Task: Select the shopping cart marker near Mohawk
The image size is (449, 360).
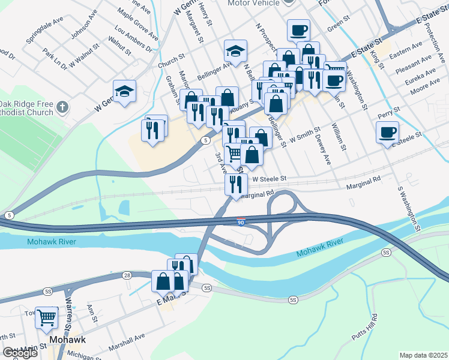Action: click(46, 317)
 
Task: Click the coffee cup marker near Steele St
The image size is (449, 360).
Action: click(387, 131)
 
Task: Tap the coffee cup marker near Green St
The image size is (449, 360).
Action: click(298, 29)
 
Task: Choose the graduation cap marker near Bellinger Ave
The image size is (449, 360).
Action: click(236, 50)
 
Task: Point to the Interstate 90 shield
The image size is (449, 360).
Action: click(240, 223)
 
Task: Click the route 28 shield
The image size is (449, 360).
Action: click(127, 275)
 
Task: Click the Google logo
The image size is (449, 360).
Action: click(20, 353)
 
